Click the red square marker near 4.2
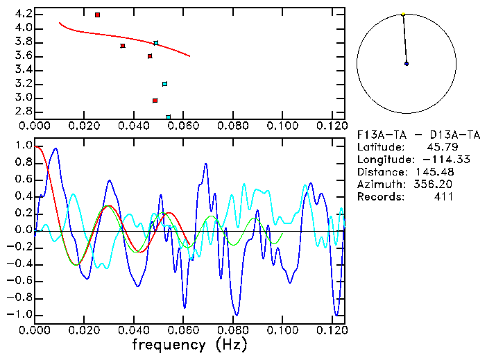click(97, 15)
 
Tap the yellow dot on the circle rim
click(402, 13)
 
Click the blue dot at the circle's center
click(407, 63)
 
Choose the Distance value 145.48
click(434, 171)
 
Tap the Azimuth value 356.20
click(434, 184)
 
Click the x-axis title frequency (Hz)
click(189, 344)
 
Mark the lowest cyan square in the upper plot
click(169, 117)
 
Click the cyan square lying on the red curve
click(156, 43)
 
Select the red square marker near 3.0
click(155, 101)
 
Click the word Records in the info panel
click(379, 196)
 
